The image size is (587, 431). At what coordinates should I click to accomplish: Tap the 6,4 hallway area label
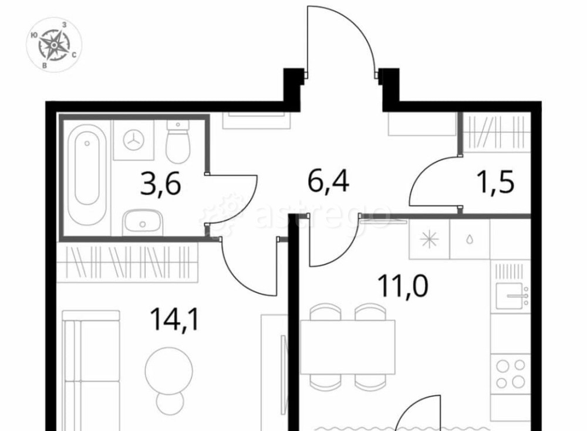328,181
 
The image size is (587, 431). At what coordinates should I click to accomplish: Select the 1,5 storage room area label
496,181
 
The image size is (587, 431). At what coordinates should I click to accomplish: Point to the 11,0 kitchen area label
403,285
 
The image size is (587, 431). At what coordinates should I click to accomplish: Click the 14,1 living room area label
174,320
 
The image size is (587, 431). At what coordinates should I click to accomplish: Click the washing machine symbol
134,140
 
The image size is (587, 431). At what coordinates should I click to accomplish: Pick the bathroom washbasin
143,223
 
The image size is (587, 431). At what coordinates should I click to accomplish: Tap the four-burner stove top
511,374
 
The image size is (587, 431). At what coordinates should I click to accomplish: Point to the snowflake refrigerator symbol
429,239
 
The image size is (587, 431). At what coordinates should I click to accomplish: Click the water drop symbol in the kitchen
470,239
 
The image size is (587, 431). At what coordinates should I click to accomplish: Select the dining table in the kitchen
348,347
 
